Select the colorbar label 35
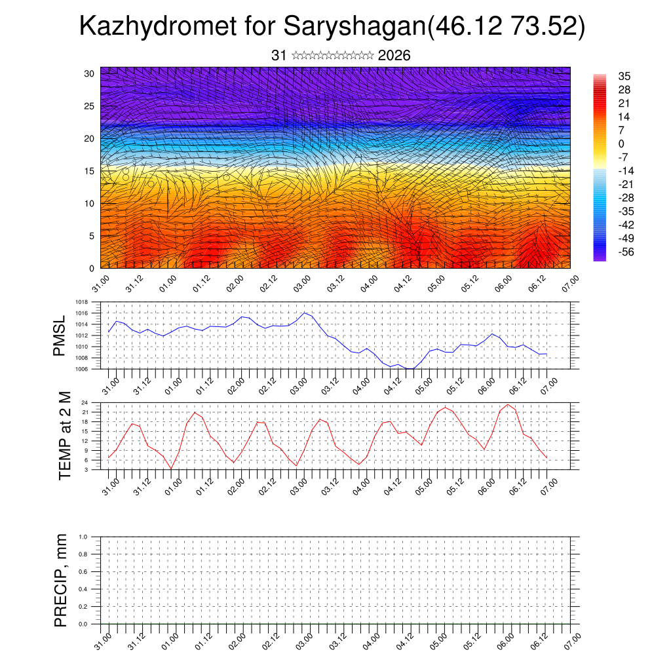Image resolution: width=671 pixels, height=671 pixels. (624, 77)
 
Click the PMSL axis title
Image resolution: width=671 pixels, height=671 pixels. (60, 335)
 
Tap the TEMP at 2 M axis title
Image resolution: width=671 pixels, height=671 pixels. (64, 435)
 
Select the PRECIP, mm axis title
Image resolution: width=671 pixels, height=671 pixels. (62, 580)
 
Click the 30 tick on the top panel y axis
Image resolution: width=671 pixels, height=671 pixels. (89, 73)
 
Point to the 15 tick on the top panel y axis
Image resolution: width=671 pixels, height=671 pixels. (89, 171)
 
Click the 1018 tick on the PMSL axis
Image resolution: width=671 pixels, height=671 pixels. (82, 302)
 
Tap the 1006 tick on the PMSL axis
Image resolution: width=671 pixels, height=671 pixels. (82, 369)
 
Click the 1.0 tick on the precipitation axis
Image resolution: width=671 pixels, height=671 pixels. (83, 536)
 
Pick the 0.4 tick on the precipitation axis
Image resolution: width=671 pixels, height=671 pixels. (83, 589)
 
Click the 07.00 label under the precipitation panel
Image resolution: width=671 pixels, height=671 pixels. (572, 641)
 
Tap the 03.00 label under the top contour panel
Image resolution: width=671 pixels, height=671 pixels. (302, 284)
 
